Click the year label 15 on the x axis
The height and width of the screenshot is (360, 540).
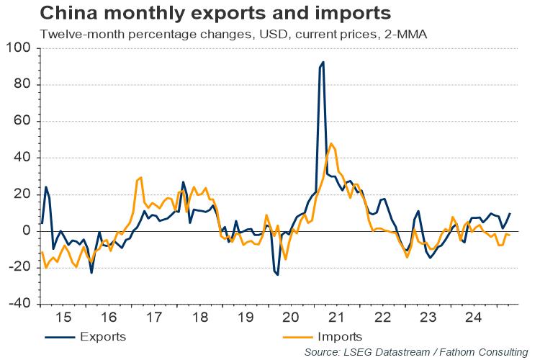(x=63, y=317)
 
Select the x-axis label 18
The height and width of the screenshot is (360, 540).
(x=201, y=317)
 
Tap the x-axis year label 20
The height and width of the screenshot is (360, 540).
(x=292, y=317)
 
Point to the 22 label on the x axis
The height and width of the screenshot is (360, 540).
(x=383, y=317)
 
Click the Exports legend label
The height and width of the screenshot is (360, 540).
(x=104, y=336)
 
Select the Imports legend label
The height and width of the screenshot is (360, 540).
(x=339, y=336)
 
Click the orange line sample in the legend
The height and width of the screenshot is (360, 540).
(x=296, y=336)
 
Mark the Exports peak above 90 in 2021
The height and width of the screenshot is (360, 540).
(x=323, y=63)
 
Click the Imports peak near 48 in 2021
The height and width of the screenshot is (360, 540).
(x=331, y=144)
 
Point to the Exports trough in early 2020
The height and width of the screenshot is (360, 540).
(x=277, y=274)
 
